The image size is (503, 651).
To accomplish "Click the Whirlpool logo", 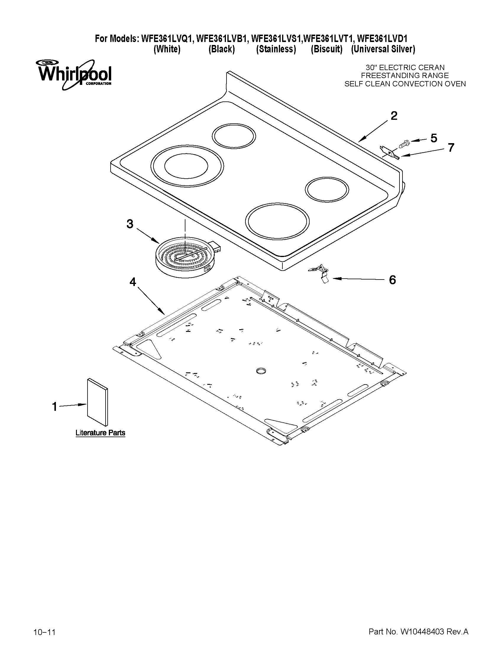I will click(x=74, y=74).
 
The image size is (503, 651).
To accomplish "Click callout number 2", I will click(x=394, y=116).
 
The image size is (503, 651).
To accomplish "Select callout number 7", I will click(x=451, y=148).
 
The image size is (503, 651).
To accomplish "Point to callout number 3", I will click(x=130, y=224).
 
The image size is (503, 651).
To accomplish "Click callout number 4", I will click(x=132, y=281).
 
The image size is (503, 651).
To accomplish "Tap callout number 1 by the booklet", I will click(x=54, y=406).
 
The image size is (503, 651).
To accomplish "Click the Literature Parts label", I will click(x=100, y=433).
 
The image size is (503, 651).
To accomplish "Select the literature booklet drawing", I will click(x=98, y=402).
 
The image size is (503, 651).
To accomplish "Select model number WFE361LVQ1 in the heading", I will click(x=168, y=39).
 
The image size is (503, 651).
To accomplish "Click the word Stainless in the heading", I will click(x=276, y=49).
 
